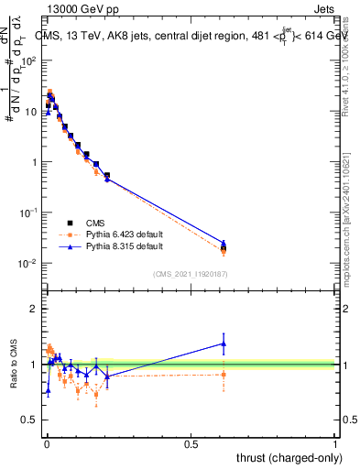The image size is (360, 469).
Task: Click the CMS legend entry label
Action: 96,223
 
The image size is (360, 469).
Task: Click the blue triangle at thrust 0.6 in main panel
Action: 224,243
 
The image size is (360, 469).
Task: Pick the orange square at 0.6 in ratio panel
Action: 224,374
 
